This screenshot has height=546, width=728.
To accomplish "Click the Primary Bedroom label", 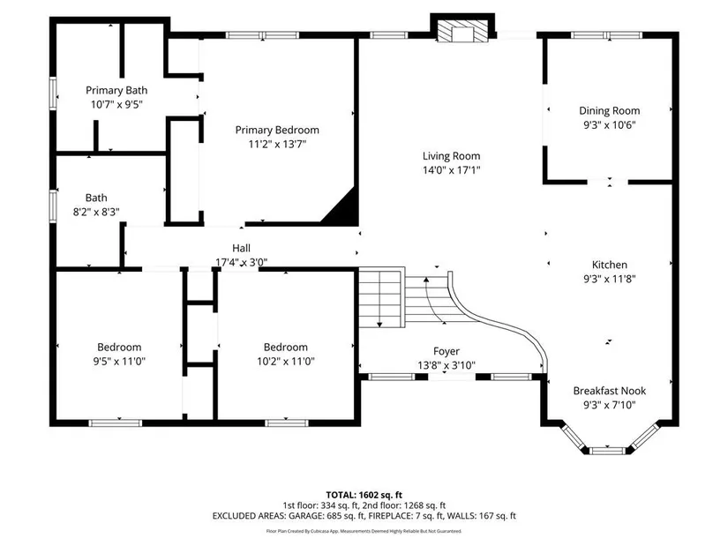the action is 277,130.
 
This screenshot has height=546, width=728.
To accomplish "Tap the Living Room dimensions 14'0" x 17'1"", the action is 451,170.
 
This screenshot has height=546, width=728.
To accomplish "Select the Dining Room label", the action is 609,110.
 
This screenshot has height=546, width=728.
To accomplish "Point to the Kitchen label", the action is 609,265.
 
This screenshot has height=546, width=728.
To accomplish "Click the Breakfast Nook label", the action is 609,391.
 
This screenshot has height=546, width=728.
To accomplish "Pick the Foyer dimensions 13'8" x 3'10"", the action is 447,365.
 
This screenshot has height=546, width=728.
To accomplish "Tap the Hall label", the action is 242,248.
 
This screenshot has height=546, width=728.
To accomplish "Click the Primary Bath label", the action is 116,90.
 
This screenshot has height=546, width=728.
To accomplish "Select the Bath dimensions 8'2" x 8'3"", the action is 96,212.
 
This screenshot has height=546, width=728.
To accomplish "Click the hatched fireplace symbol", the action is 463,31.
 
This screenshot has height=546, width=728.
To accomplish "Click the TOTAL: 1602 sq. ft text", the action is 364,495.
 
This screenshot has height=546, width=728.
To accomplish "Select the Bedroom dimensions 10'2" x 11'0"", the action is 286,361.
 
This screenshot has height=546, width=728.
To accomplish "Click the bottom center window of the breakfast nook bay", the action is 608,450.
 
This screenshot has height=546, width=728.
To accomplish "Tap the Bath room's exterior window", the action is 53,206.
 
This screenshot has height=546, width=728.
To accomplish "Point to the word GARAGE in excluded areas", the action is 304,516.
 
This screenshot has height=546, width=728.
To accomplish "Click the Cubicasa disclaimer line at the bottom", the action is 364,531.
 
